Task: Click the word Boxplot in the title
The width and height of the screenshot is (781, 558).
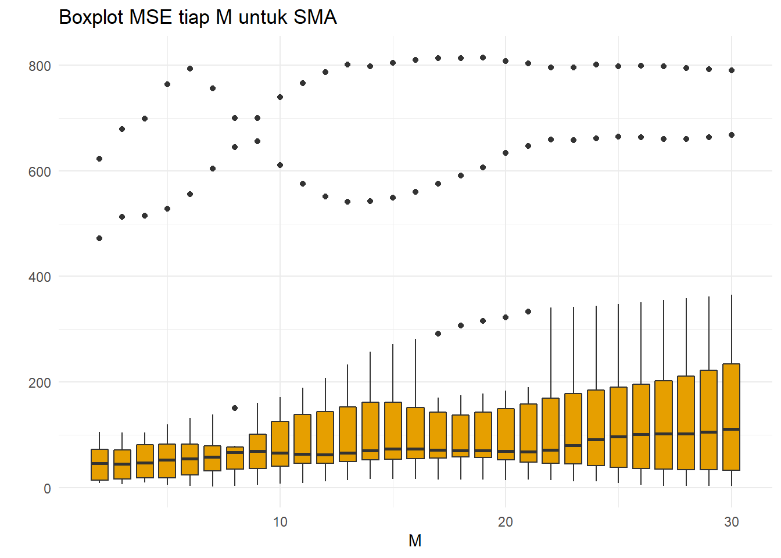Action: point(92,17)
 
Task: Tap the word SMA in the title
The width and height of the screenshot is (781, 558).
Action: point(315,17)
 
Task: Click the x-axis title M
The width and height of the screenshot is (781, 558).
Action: point(415,541)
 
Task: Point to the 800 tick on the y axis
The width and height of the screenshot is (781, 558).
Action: point(40,66)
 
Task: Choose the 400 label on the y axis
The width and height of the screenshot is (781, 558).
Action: point(40,277)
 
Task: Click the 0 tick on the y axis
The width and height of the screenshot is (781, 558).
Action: point(47,489)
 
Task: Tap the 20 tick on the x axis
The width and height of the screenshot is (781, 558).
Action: point(506,522)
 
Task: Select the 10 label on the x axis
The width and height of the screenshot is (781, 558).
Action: point(280,522)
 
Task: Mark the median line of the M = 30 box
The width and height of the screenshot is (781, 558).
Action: point(731,429)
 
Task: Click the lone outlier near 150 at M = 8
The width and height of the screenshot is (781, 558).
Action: point(235,408)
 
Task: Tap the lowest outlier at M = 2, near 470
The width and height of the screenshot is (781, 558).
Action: point(99,238)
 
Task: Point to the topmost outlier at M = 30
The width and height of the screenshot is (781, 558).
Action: point(732,70)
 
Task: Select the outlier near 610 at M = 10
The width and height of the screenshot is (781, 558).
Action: point(280,165)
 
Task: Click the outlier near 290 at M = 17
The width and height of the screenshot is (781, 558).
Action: point(438,334)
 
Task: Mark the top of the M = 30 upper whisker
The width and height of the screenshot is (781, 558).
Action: point(731,295)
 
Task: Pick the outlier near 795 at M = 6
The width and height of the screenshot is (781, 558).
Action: point(190,69)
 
